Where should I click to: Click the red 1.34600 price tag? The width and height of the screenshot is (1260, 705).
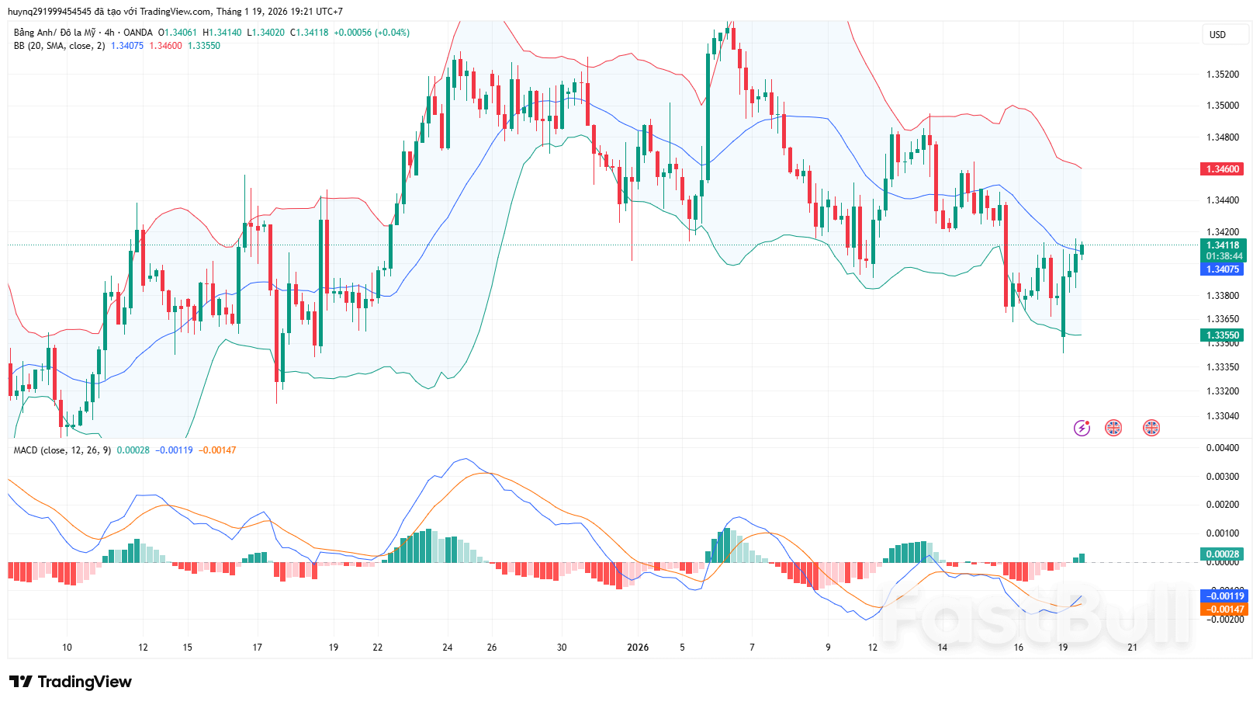click(x=1222, y=168)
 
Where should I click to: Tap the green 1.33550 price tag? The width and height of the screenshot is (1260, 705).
click(x=1222, y=335)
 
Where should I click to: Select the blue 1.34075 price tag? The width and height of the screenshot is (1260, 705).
click(x=1222, y=269)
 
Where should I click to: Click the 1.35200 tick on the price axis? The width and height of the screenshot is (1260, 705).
click(x=1222, y=75)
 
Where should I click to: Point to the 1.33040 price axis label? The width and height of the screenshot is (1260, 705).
click(x=1222, y=416)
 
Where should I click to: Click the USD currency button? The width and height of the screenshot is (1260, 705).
click(x=1217, y=35)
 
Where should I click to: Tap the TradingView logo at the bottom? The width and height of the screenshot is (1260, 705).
click(x=71, y=682)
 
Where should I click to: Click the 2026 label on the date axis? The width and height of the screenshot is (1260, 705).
click(x=638, y=648)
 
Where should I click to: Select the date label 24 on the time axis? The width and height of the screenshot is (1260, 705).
click(x=448, y=648)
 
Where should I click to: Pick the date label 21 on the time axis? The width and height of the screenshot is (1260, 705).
click(x=1132, y=648)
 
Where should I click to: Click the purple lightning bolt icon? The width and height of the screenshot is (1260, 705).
click(x=1082, y=428)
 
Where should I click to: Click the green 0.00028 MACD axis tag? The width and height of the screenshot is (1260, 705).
click(x=1222, y=554)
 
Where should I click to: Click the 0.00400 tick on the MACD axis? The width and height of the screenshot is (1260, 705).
click(x=1222, y=448)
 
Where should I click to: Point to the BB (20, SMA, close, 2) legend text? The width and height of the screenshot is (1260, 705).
click(x=59, y=46)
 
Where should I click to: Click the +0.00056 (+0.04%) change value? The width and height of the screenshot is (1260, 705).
click(x=372, y=33)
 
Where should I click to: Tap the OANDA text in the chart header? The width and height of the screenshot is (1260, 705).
click(x=138, y=33)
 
